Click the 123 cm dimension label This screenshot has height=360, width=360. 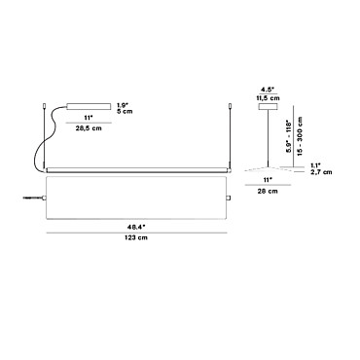(136, 237)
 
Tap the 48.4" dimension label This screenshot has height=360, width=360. (136, 228)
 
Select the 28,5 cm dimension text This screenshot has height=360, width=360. (89, 128)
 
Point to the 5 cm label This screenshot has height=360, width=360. (125, 111)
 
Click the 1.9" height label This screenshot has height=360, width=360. (123, 105)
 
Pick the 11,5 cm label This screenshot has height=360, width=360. (268, 98)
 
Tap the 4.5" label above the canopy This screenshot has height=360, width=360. (268, 90)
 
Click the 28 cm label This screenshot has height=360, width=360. (268, 191)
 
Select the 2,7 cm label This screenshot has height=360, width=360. (321, 172)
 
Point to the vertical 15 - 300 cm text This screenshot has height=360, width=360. (300, 136)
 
